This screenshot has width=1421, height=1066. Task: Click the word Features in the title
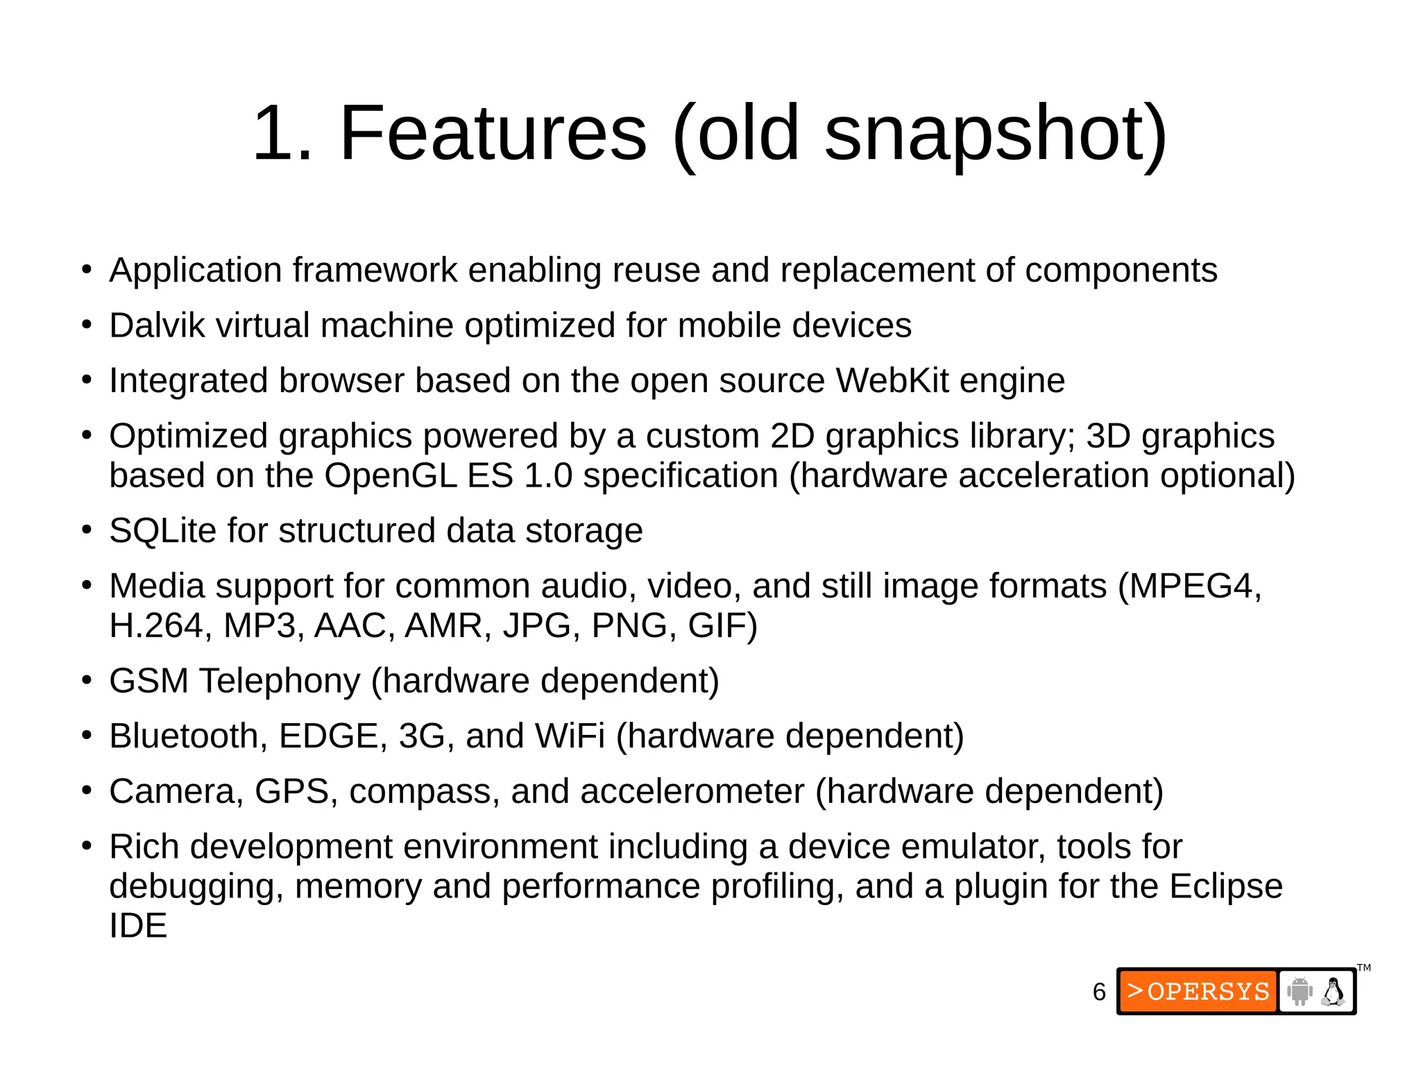pyautogui.click(x=493, y=133)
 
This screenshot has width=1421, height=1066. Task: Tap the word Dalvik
pyautogui.click(x=157, y=325)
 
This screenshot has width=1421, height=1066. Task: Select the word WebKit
pyautogui.click(x=892, y=380)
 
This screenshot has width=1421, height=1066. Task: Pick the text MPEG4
pyautogui.click(x=1193, y=586)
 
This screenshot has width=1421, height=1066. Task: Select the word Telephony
pyautogui.click(x=280, y=681)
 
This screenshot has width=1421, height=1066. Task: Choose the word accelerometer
pyautogui.click(x=692, y=791)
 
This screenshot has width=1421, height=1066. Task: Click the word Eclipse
pyautogui.click(x=1225, y=886)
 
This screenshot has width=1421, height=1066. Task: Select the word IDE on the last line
pyautogui.click(x=138, y=926)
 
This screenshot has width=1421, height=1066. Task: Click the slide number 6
pyautogui.click(x=1099, y=992)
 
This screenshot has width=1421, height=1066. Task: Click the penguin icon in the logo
pyautogui.click(x=1333, y=992)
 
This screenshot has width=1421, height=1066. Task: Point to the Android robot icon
pyautogui.click(x=1300, y=992)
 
